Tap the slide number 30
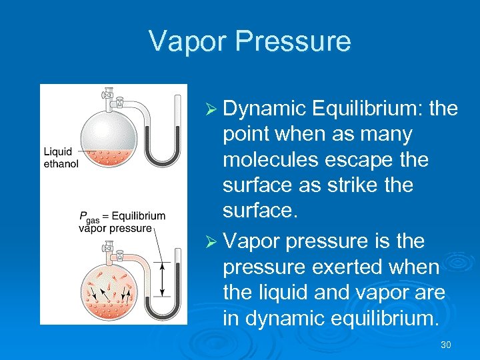pyautogui.click(x=446, y=345)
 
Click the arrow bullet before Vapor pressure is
pyautogui.click(x=211, y=240)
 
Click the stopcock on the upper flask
pyautogui.click(x=107, y=95)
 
